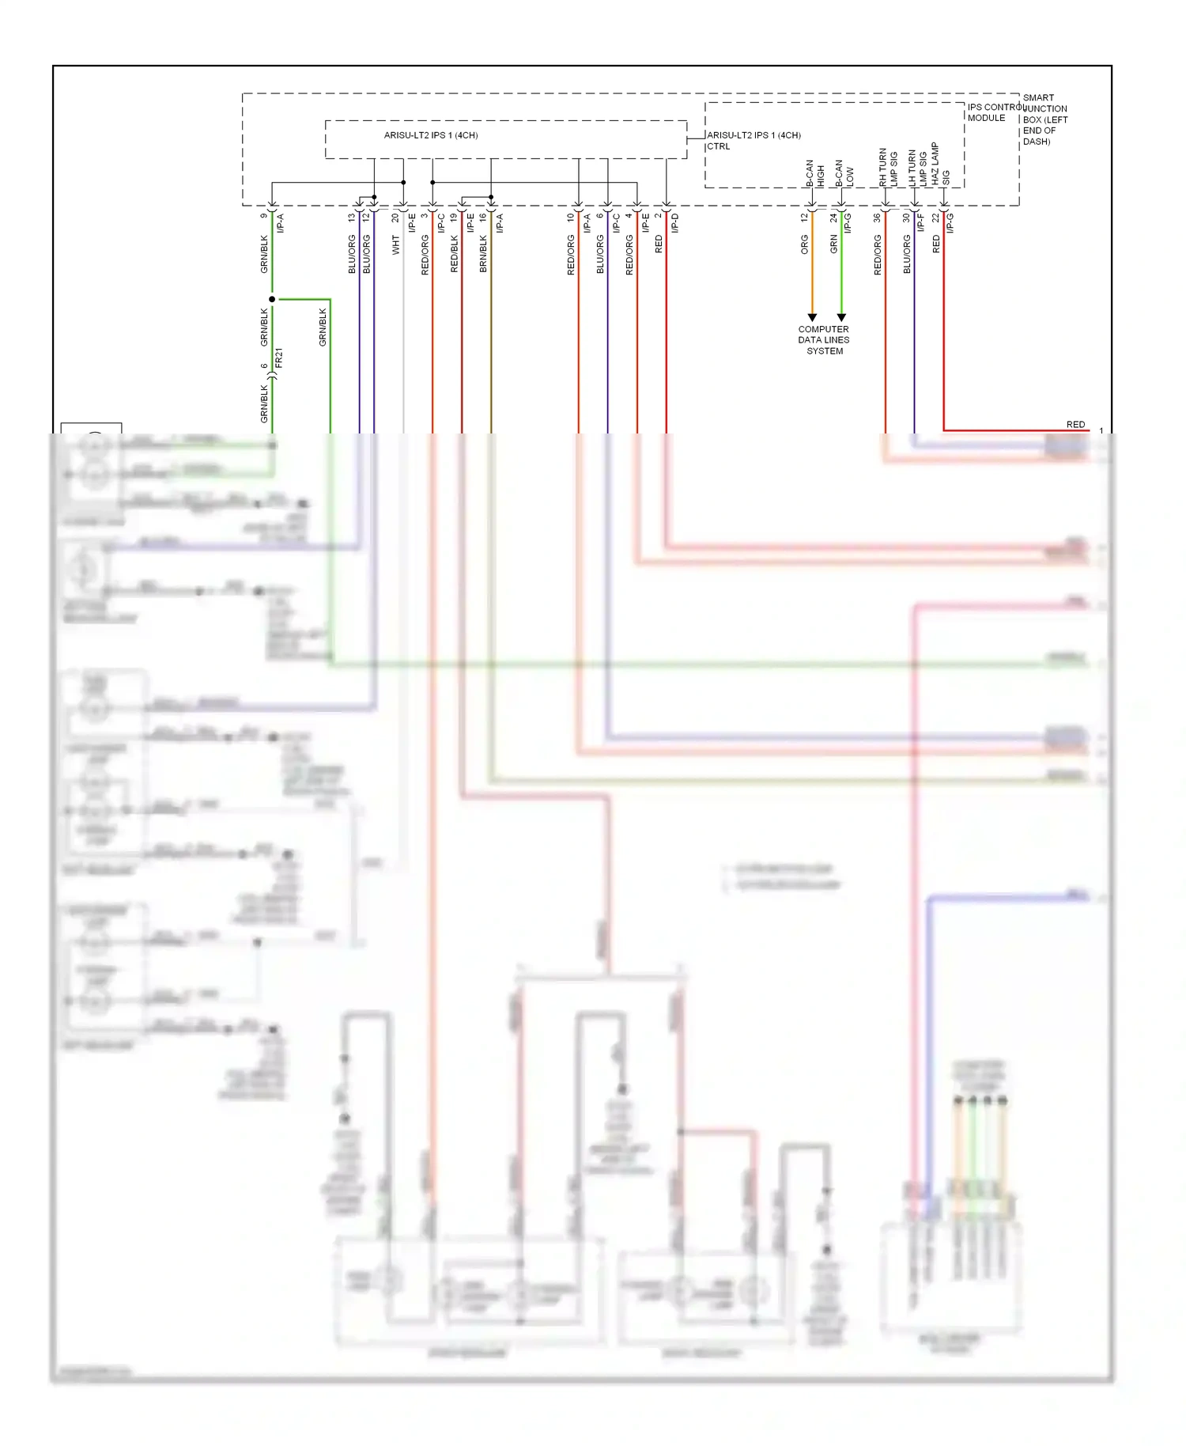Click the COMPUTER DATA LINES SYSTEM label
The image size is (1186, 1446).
pos(823,340)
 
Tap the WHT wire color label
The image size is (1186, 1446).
pos(396,245)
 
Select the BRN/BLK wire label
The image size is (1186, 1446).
pos(483,254)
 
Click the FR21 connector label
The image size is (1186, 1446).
pos(278,358)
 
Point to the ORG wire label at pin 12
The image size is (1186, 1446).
pos(804,244)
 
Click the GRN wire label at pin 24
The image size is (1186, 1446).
pos(833,244)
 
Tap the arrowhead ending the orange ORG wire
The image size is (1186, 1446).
pos(812,317)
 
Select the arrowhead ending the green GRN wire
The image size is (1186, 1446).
pos(841,317)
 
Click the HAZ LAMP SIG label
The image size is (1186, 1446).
pos(940,165)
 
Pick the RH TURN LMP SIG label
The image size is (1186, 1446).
pos(888,167)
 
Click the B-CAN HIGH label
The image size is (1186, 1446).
pos(814,173)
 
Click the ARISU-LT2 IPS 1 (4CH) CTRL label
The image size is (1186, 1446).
pos(753,141)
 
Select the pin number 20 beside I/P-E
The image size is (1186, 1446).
pos(395,218)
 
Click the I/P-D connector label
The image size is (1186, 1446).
pos(675,223)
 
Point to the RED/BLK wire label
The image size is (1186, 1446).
pos(454,254)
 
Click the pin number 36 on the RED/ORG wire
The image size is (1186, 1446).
pos(877,218)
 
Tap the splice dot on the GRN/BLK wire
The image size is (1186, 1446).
pos(272,299)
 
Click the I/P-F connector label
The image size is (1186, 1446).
pos(920,223)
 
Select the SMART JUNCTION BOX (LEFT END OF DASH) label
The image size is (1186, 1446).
pos(1044,119)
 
